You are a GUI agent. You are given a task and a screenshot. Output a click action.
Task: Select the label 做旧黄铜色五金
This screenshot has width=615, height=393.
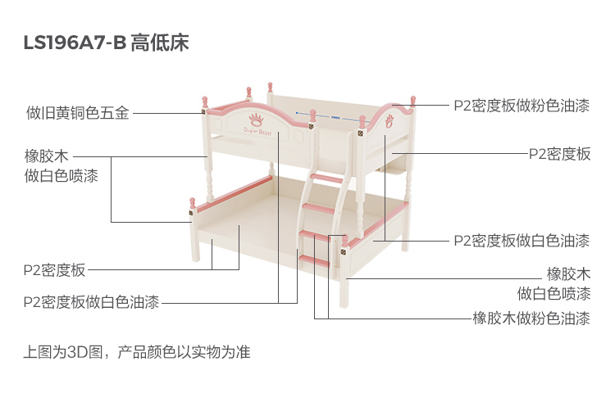(x=77, y=113)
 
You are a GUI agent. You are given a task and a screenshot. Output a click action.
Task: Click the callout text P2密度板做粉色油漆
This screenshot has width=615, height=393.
(x=522, y=105)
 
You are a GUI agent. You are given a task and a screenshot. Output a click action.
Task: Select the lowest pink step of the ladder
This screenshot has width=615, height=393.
(x=313, y=261)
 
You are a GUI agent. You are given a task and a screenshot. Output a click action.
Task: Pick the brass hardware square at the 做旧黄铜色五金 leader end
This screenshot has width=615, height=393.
(x=203, y=112)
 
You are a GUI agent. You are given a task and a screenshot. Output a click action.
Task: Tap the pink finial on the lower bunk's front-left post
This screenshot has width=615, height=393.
(x=191, y=201)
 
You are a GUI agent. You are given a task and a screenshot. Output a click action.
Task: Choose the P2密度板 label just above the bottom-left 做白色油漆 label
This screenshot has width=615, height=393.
(x=55, y=269)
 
